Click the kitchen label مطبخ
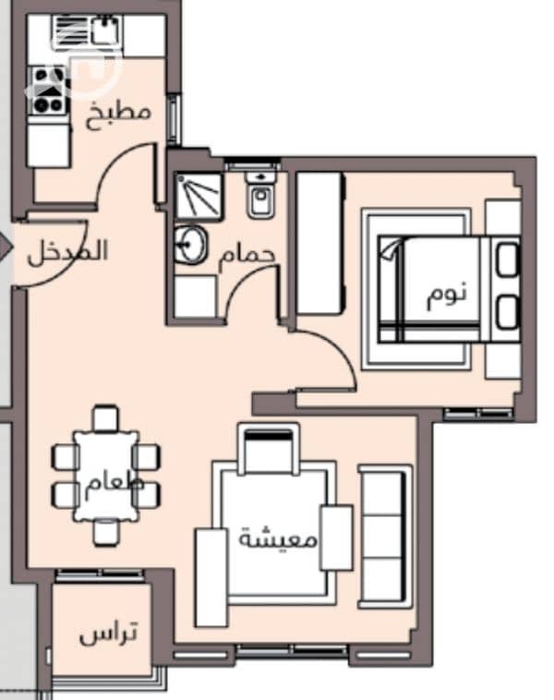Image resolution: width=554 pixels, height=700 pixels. click(x=118, y=115)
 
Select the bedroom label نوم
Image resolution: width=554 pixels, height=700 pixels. click(x=447, y=295)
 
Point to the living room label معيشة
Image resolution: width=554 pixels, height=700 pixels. click(x=278, y=538)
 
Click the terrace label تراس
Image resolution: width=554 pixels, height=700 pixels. click(x=108, y=633)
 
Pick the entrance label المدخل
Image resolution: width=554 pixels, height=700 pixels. click(x=67, y=252)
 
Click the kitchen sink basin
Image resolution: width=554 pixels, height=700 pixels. click(x=106, y=30)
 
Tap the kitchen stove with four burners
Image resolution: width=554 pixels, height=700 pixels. click(x=48, y=91)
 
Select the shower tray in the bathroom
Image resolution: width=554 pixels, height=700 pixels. click(x=199, y=197)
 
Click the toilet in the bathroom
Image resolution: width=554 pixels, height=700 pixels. click(x=261, y=195)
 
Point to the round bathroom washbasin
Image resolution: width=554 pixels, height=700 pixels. click(x=190, y=245)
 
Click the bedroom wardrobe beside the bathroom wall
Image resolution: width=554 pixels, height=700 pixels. click(x=320, y=243)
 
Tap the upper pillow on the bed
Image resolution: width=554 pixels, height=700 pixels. click(x=508, y=259)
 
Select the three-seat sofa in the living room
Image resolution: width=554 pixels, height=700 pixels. click(x=385, y=537)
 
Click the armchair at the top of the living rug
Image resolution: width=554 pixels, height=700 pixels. click(x=269, y=449)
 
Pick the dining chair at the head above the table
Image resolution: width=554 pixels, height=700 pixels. click(x=106, y=418)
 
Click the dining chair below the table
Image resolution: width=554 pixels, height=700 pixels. click(x=107, y=533)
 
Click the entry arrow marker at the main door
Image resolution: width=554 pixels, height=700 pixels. click(x=6, y=247)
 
